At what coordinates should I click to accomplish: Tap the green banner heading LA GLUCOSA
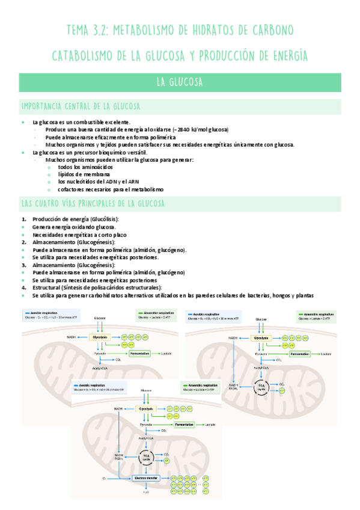click(x=179, y=82)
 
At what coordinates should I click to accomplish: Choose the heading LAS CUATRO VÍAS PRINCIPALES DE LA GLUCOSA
click(x=93, y=203)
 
